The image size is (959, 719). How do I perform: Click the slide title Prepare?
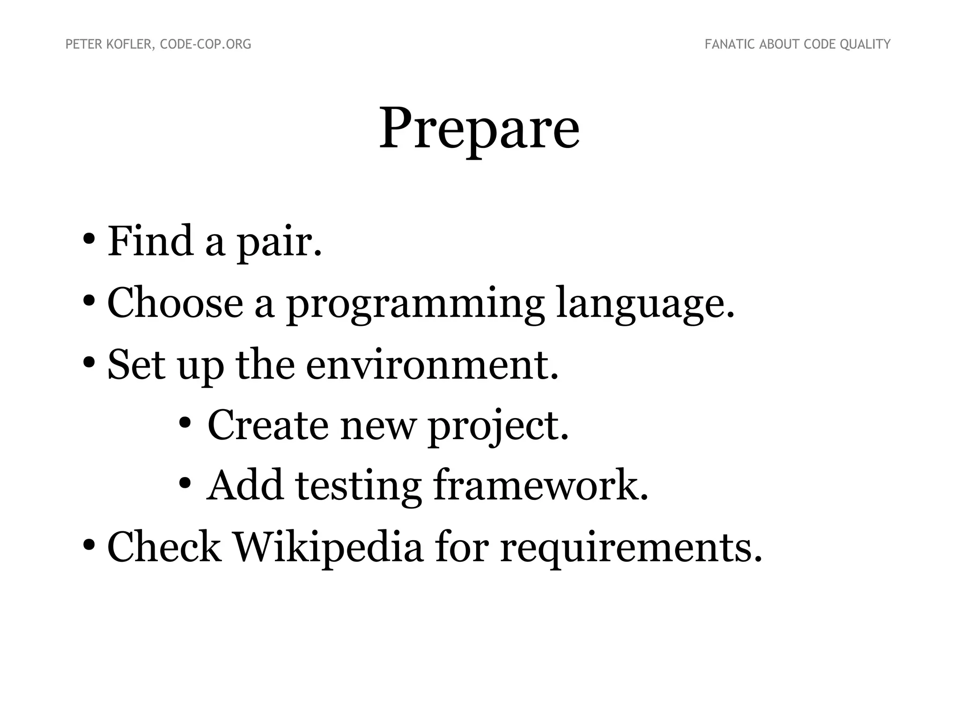(x=479, y=128)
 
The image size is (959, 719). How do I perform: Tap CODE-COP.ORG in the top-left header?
(x=206, y=44)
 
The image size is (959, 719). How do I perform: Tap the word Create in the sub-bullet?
(x=268, y=425)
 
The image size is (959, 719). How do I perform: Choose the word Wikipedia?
(x=328, y=548)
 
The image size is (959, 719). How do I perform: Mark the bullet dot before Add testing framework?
(x=184, y=483)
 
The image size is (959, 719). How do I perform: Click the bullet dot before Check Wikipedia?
(x=89, y=544)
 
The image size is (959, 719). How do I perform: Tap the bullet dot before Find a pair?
(x=89, y=238)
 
